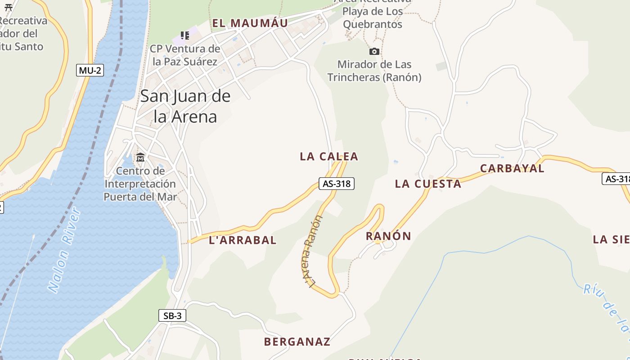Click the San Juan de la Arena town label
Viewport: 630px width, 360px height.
[x=185, y=106]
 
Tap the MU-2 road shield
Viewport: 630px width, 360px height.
[x=90, y=70]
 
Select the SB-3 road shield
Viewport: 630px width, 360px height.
[x=172, y=316]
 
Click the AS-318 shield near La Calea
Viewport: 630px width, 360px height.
[x=337, y=184]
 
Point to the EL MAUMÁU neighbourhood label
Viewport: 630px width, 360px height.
[x=250, y=23]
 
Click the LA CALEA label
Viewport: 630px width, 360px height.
[x=329, y=157]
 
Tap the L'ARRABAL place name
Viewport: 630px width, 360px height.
[x=243, y=240]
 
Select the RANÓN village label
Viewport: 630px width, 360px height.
[x=388, y=236]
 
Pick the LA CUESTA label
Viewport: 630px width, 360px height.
[x=428, y=184]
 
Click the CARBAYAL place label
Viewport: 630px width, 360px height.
[x=512, y=169]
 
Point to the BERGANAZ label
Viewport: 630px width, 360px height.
[x=297, y=342]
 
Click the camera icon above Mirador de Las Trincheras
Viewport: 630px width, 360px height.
[x=374, y=52]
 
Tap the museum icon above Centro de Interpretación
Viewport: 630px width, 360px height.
[x=140, y=157]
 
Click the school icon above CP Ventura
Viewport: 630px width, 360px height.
[x=184, y=36]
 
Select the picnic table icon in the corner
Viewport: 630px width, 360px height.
[x=8, y=7]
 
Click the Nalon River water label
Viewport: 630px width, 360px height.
[x=64, y=250]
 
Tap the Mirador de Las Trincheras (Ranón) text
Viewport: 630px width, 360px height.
[x=374, y=71]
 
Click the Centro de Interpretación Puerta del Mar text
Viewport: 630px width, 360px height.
[x=140, y=184]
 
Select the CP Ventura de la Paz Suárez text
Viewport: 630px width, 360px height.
[x=185, y=55]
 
